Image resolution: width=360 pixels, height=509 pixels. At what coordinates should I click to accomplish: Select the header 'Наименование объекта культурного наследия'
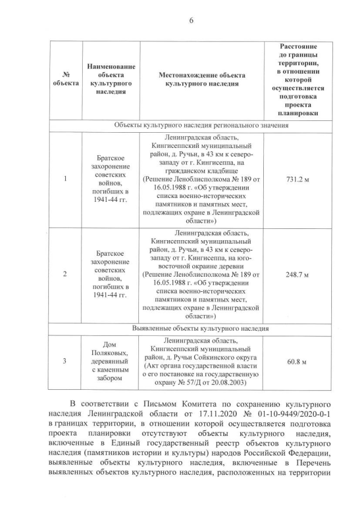[x=110, y=79]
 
